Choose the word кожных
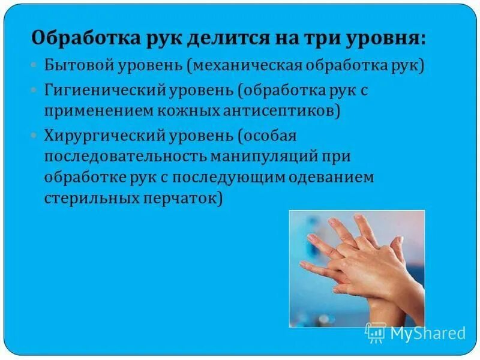coord(181,110)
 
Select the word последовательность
coord(123,157)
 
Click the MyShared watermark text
coord(428,332)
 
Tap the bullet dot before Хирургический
coord(34,136)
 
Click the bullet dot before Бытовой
coord(34,65)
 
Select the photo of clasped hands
coord(356,268)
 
